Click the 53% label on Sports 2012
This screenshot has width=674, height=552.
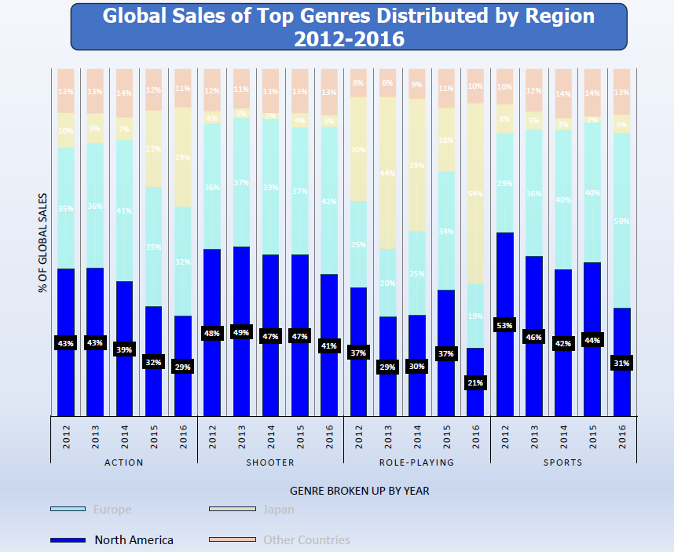point(505,325)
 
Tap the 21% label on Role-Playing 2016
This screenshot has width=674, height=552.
point(475,382)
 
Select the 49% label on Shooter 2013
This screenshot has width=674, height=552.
point(241,332)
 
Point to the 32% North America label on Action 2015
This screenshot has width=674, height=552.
point(153,363)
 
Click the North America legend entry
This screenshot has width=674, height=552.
point(134,539)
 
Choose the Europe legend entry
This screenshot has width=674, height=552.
point(112,510)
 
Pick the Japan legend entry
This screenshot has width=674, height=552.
point(278,510)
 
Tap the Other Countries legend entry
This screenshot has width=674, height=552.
point(306,539)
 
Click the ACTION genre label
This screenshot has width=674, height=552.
point(124,462)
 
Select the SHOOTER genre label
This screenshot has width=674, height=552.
point(270,462)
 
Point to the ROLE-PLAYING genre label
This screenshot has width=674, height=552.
point(416,462)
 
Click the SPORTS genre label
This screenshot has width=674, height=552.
point(563,462)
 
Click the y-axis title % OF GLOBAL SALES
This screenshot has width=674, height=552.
point(42,243)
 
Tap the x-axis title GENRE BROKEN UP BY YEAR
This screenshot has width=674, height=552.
point(359,491)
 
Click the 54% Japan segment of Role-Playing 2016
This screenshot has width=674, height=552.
point(475,193)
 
